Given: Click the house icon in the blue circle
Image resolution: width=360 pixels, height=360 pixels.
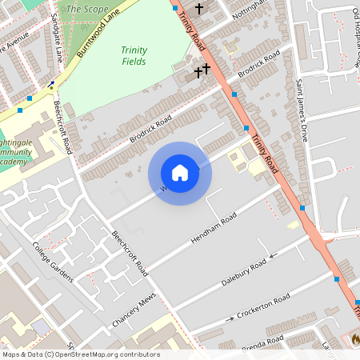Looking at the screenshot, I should (180, 173).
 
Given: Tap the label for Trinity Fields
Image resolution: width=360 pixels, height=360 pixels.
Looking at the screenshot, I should (134, 55).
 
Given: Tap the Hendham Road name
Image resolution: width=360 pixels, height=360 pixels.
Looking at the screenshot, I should (214, 229).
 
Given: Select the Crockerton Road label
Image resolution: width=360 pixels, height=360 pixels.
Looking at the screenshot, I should (262, 307).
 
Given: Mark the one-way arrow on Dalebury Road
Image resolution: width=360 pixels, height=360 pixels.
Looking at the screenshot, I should (272, 257).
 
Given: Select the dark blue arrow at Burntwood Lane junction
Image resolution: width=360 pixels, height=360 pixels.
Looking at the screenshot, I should (51, 83).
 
